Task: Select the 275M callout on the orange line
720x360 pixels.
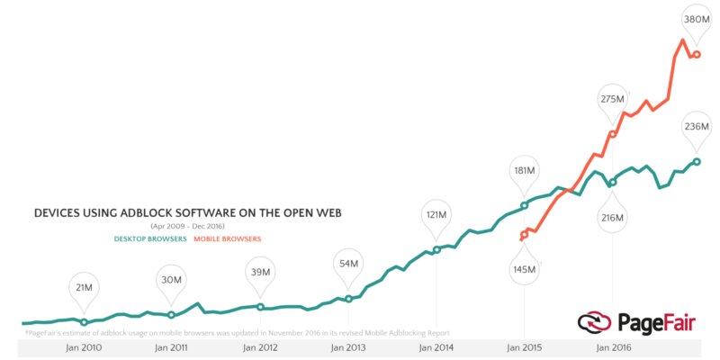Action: click(x=613, y=99)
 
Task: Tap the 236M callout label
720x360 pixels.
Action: click(x=697, y=127)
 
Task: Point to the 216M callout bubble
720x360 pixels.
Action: click(x=613, y=218)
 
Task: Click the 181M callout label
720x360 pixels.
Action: click(x=524, y=170)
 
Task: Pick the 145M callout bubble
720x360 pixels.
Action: click(x=524, y=269)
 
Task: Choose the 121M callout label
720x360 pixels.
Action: click(x=436, y=215)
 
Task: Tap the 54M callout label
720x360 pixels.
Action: click(x=347, y=264)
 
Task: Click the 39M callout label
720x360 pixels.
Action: click(x=260, y=273)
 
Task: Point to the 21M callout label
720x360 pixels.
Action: click(x=84, y=287)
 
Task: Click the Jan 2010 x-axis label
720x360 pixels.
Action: click(x=84, y=347)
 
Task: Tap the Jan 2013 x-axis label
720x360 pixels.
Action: click(x=347, y=347)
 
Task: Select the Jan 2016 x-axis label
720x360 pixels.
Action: click(x=613, y=347)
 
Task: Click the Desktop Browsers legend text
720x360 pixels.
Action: click(x=150, y=238)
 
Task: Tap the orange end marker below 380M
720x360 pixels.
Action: click(x=697, y=55)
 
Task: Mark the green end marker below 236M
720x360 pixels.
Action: click(x=697, y=162)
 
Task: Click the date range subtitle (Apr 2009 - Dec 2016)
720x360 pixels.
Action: click(x=188, y=226)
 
